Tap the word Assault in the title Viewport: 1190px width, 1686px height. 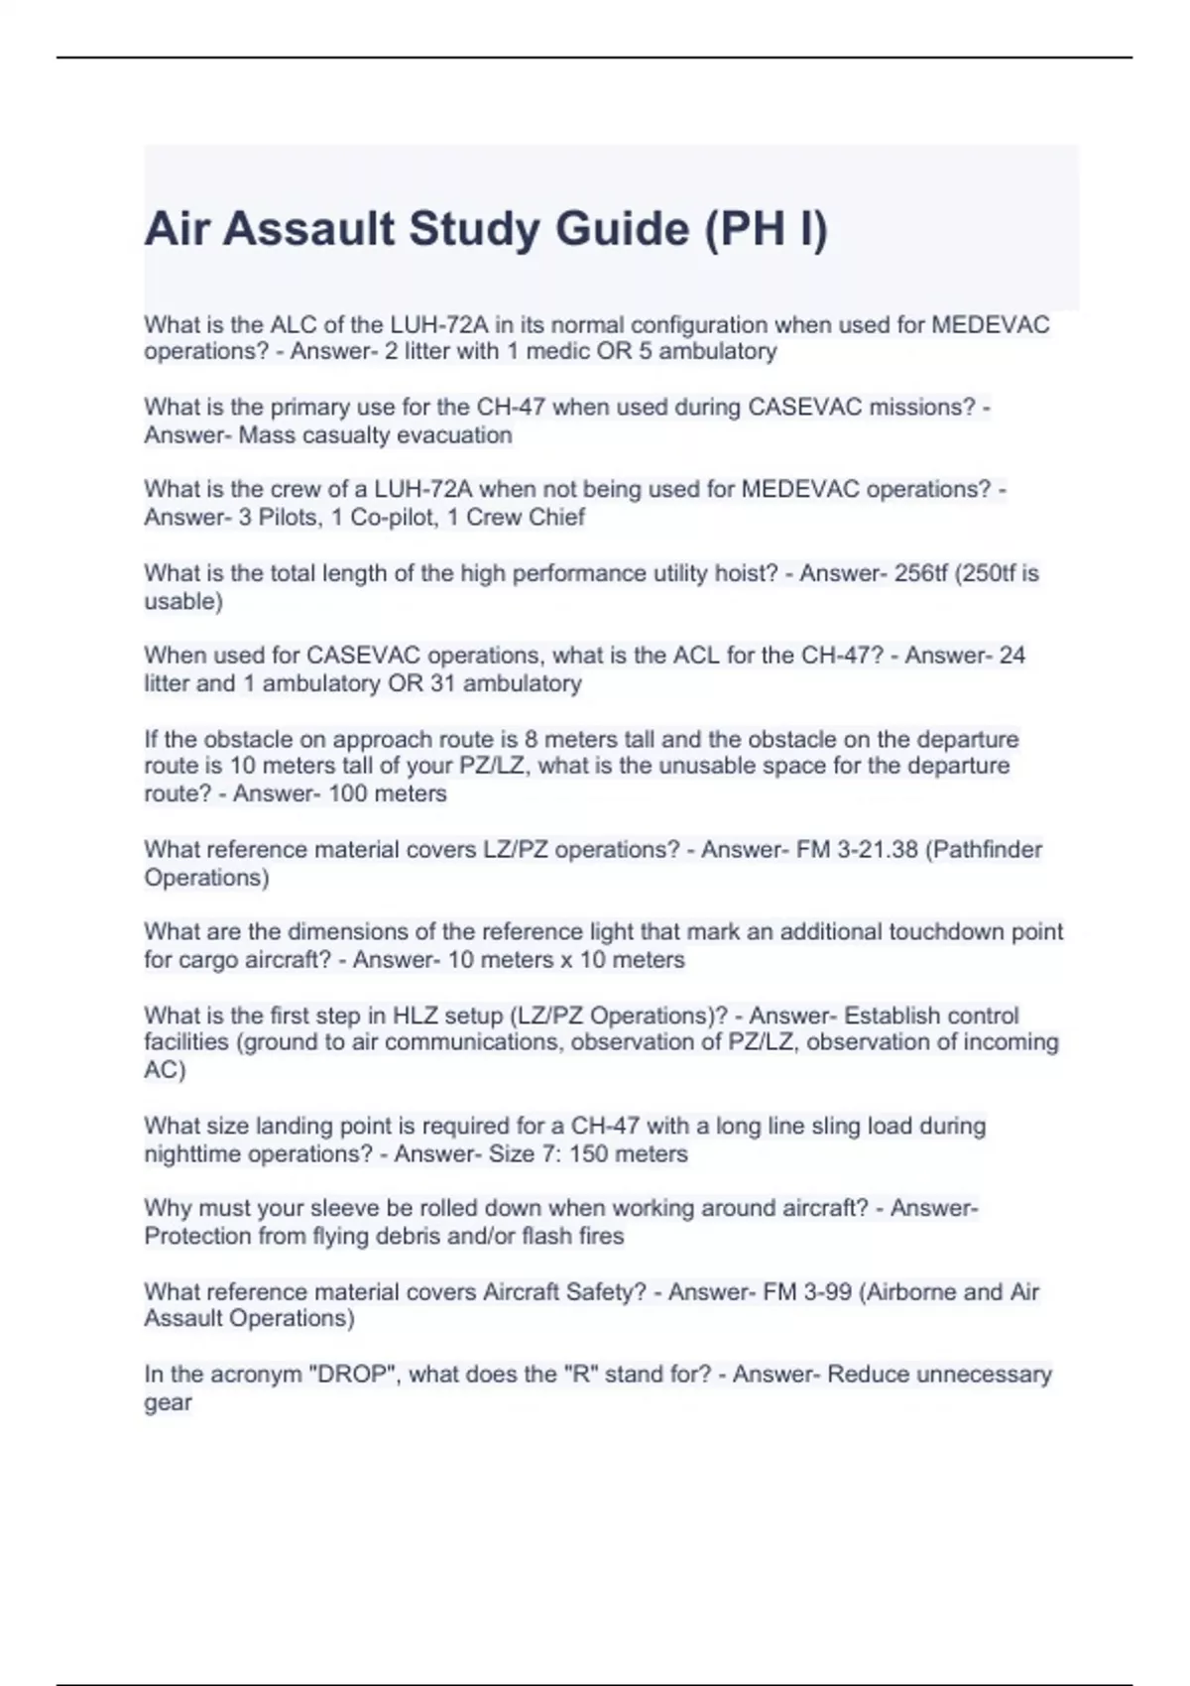coord(311,229)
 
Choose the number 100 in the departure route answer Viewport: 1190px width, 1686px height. coord(347,793)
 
